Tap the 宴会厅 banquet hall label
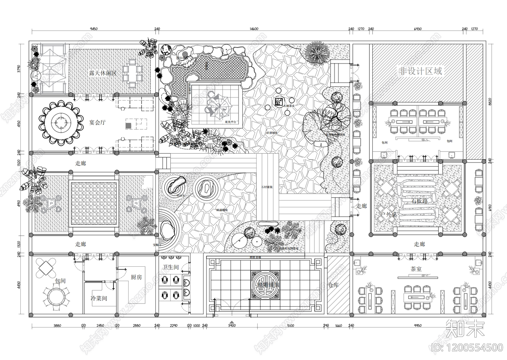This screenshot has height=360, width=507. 97,122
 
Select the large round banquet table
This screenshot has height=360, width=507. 60,122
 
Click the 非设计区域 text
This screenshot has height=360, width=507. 420,71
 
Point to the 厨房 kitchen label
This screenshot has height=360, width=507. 136,277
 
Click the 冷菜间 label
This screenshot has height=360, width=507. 99,298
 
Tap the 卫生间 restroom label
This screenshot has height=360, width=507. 171,267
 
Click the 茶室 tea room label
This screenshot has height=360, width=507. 416,269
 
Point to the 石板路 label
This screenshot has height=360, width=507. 420,201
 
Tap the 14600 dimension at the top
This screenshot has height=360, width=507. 254,29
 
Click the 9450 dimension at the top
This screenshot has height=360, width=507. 93,29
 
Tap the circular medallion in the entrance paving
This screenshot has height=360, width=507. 266,285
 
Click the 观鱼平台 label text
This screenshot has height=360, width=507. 230,122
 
